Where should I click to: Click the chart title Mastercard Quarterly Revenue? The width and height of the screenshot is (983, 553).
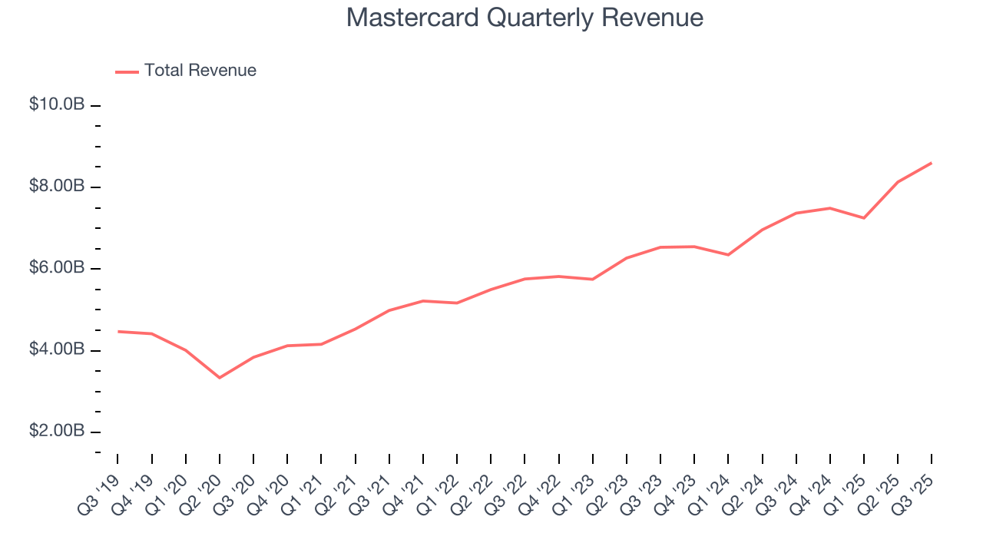coord(525,18)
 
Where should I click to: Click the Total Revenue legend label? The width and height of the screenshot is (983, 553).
coord(200,71)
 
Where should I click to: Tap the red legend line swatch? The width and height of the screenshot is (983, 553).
coord(127,71)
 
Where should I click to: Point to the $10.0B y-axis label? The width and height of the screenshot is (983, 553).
coord(57,104)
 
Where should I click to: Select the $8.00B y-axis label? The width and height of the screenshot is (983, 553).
coord(57,187)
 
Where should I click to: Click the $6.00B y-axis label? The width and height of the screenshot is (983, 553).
coord(57,268)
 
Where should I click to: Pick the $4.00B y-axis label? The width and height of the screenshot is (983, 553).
coord(57,349)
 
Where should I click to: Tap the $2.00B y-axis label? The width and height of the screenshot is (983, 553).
coord(57,431)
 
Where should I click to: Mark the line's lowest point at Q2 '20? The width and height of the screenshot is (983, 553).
coord(220,378)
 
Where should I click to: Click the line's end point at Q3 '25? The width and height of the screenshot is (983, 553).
coord(932,163)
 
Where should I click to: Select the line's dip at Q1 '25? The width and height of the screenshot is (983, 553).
coord(864,218)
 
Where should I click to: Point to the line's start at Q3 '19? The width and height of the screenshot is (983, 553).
coord(118,331)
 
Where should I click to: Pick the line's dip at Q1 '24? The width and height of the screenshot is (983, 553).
coord(728,255)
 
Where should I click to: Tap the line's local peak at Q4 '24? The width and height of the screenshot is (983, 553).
coord(830,208)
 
